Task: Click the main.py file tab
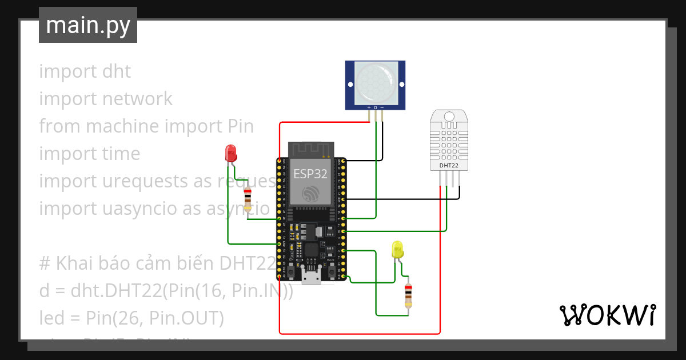87,25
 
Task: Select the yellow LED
397,250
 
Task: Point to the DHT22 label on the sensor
448,166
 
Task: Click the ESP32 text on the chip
310,174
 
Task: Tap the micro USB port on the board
311,278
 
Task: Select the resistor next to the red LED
248,199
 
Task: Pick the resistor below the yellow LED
408,294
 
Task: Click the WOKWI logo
607,315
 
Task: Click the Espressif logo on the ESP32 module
310,194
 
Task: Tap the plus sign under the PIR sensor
368,107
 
